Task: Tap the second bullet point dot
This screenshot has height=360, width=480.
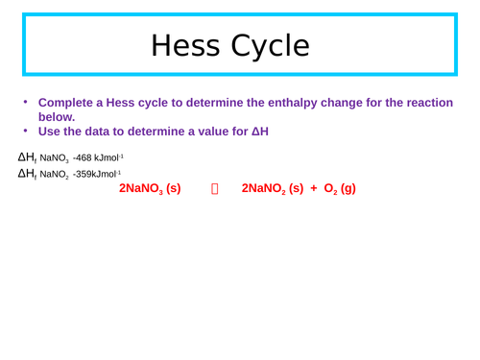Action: pyautogui.click(x=26, y=132)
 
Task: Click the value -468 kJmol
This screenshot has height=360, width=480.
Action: pyautogui.click(x=97, y=157)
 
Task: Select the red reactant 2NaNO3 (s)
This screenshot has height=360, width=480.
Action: pyautogui.click(x=150, y=189)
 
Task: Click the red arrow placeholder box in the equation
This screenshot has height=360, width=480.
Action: pyautogui.click(x=214, y=189)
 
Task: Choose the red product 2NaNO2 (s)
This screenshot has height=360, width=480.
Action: pyautogui.click(x=272, y=189)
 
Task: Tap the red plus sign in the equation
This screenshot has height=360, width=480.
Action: pyautogui.click(x=313, y=189)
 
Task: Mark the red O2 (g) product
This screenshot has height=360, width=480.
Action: pyautogui.click(x=340, y=189)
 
